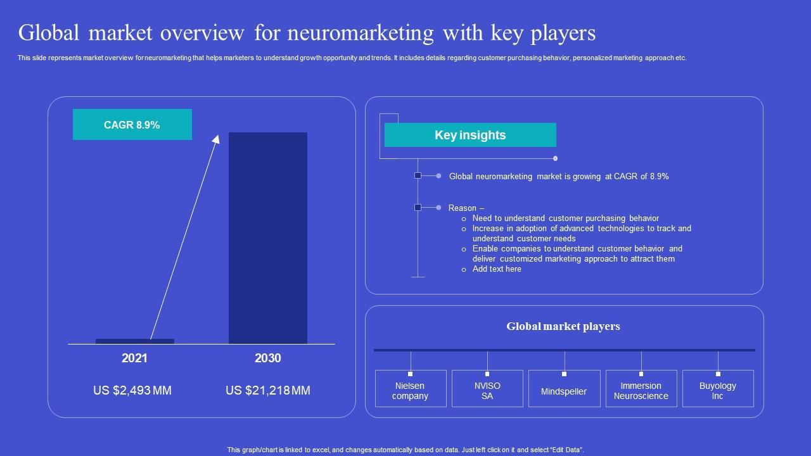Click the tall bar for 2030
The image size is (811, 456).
pyautogui.click(x=267, y=237)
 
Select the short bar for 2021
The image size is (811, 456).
pyautogui.click(x=134, y=341)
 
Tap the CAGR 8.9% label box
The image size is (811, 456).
pyautogui.click(x=132, y=125)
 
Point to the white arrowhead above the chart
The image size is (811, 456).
pyautogui.click(x=215, y=139)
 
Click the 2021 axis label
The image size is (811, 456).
pyautogui.click(x=134, y=358)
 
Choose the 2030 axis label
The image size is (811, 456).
pyautogui.click(x=267, y=358)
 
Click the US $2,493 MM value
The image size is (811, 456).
pyautogui.click(x=132, y=391)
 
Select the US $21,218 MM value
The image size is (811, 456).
pyautogui.click(x=268, y=391)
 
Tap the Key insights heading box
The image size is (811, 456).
pyautogui.click(x=470, y=135)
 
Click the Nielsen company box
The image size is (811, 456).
pyautogui.click(x=411, y=391)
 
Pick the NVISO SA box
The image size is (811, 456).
pyautogui.click(x=487, y=391)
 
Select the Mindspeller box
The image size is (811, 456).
pyautogui.click(x=564, y=391)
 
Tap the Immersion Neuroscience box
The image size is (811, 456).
pyautogui.click(x=641, y=391)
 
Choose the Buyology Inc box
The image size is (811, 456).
pyautogui.click(x=718, y=391)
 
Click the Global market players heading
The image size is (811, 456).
pyautogui.click(x=563, y=327)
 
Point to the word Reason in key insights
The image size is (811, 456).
pyautogui.click(x=463, y=208)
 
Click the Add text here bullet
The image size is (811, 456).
pyautogui.click(x=497, y=269)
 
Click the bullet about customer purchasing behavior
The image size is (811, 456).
pyautogui.click(x=566, y=218)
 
